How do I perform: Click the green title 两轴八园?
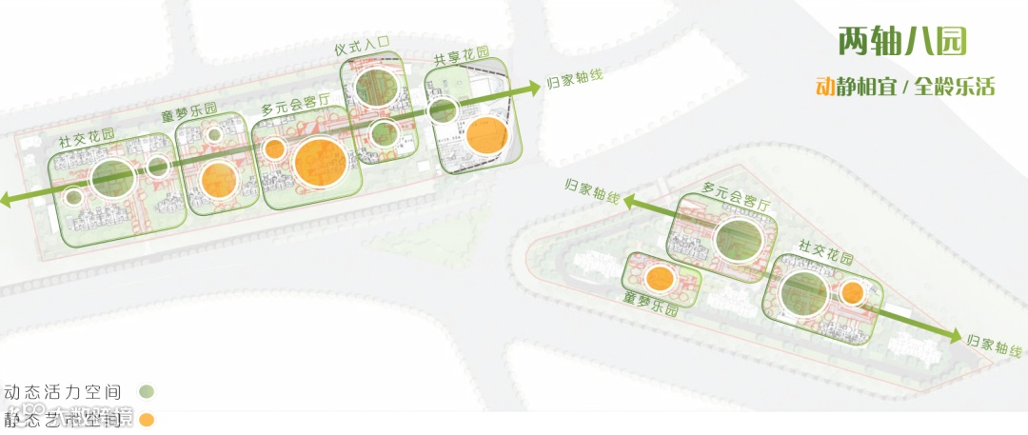pyautogui.click(x=902, y=41)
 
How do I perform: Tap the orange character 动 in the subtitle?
pyautogui.click(x=825, y=87)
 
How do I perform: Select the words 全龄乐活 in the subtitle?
pyautogui.click(x=955, y=87)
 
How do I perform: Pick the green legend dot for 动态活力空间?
pyautogui.click(x=146, y=390)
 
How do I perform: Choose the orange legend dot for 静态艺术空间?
pyautogui.click(x=146, y=420)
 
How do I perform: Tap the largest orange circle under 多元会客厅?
pyautogui.click(x=320, y=163)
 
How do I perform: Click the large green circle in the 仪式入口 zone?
pyautogui.click(x=376, y=87)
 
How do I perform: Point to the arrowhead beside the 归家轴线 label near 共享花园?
pyautogui.click(x=534, y=86)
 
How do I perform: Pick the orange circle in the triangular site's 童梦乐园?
pyautogui.click(x=659, y=278)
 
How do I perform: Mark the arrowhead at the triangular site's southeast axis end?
pyautogui.click(x=956, y=337)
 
